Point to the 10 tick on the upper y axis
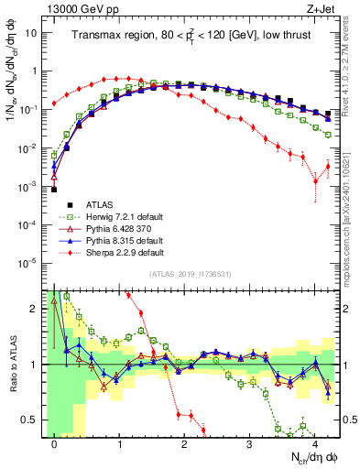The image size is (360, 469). (x=33, y=33)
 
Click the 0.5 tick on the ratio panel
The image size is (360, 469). (x=31, y=420)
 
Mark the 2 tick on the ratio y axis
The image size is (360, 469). (x=35, y=309)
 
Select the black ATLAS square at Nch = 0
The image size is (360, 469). (x=54, y=189)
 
